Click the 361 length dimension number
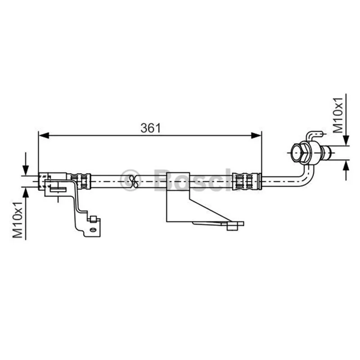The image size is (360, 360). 151,128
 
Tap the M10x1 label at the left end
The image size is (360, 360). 18,220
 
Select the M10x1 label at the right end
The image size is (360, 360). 337,115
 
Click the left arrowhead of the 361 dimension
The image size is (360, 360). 44,135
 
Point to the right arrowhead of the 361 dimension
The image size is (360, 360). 256,135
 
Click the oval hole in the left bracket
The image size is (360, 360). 93,230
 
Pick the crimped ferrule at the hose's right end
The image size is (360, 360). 247,182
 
